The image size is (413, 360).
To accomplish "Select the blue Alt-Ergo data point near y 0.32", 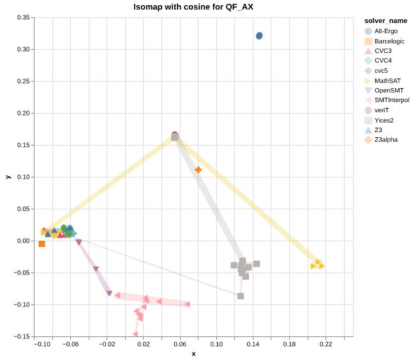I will [259, 36].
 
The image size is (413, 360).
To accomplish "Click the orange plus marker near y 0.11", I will [199, 170].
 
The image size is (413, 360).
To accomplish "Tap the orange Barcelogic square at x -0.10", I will [41, 244].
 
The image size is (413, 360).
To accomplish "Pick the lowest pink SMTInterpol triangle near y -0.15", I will [135, 334].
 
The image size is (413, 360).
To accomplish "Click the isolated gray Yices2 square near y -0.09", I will [241, 296].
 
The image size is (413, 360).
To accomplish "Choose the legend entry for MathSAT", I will [387, 80].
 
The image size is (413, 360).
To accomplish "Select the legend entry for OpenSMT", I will [389, 90].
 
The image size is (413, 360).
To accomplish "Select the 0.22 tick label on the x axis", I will [326, 345].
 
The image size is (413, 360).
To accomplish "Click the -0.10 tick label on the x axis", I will [43, 345].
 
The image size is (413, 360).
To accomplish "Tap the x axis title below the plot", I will [193, 354].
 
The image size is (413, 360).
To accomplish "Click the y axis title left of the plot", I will [8, 177].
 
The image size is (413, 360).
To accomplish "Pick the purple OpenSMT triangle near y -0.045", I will [96, 269].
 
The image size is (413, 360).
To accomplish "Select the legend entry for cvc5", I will [382, 70].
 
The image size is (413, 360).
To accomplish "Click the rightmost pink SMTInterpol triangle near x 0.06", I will [187, 304].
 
